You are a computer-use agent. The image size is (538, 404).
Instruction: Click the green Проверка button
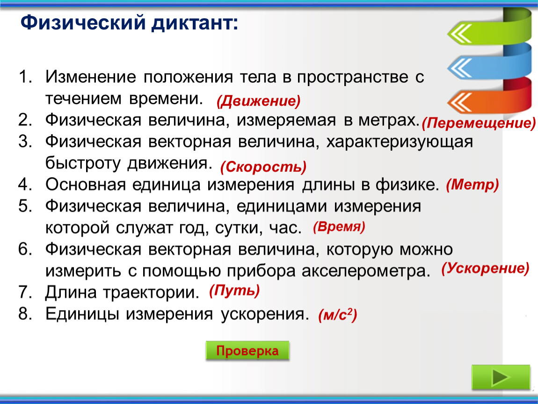tap(247, 351)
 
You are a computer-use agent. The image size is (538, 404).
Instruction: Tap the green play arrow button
tap(501, 377)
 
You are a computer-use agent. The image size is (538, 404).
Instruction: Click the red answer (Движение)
tap(258, 101)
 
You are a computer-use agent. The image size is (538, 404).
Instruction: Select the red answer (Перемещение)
tap(479, 123)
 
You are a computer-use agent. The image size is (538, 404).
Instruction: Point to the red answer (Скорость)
tap(263, 166)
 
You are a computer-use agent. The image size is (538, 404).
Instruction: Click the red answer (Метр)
tap(472, 185)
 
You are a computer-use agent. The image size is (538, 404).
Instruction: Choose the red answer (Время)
tap(339, 227)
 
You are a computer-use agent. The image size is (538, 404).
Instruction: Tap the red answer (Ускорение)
tap(485, 268)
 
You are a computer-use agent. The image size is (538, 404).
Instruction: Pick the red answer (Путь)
tap(234, 291)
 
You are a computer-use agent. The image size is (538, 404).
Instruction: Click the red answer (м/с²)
tap(338, 315)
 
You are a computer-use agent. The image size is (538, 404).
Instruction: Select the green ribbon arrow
tap(489, 29)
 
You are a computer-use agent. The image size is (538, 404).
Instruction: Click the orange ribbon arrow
tap(489, 100)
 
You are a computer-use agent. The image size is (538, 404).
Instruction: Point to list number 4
tap(25, 185)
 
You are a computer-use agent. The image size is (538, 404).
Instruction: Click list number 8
tap(25, 313)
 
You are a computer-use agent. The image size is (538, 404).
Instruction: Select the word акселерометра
tap(366, 271)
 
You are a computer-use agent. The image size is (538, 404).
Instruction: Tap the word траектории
tap(151, 293)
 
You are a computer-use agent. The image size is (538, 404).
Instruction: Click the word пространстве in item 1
tap(352, 78)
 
